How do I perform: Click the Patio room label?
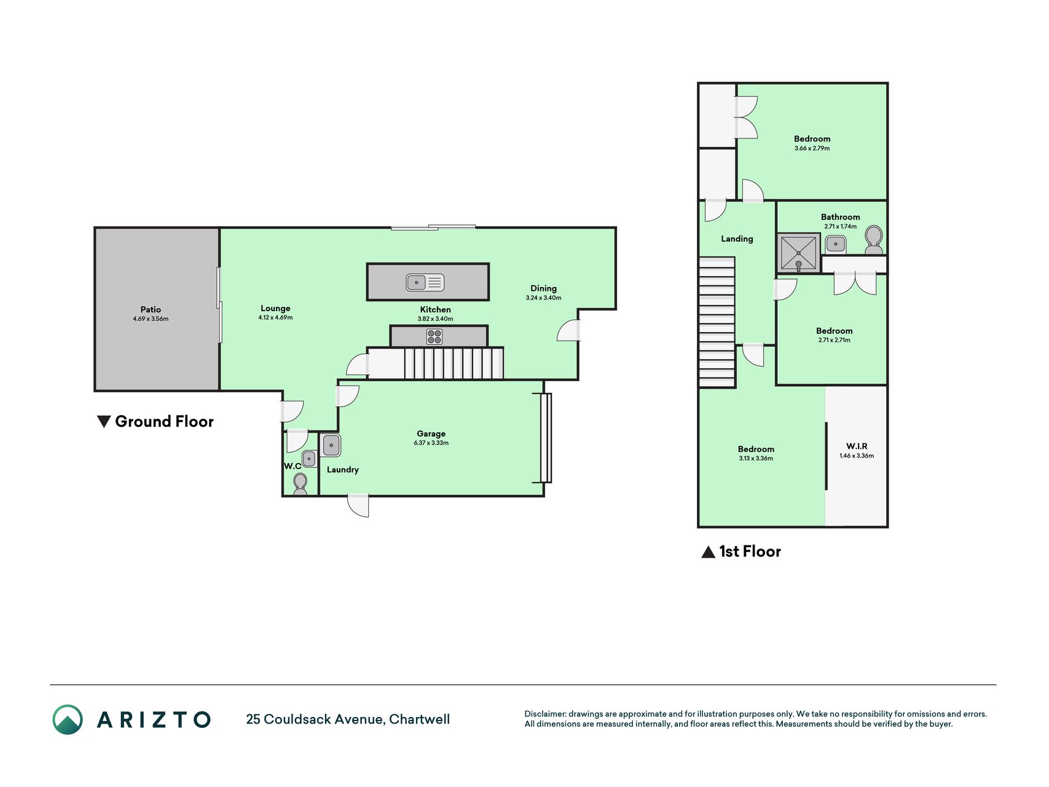[x=151, y=309]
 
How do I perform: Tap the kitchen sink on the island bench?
[x=425, y=282]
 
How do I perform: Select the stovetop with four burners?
[x=434, y=336]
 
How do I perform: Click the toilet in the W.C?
[x=301, y=483]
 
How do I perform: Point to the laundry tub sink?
[x=331, y=445]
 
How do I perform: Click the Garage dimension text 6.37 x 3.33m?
[x=431, y=443]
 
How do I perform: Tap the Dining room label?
[x=544, y=288]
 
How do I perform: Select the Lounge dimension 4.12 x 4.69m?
[x=275, y=317]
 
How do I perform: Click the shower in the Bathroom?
[x=799, y=253]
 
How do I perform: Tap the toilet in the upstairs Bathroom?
[x=873, y=240]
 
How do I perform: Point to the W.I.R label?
[x=857, y=446]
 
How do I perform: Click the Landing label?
[x=737, y=239]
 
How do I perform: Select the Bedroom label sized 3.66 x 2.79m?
[x=812, y=138]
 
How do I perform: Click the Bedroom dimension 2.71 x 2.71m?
[x=834, y=340]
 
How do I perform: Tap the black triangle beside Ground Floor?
[x=104, y=421]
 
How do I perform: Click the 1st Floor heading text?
[x=750, y=551]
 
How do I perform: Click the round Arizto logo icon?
[x=68, y=719]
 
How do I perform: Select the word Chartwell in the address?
[x=420, y=719]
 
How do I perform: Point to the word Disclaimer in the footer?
[x=545, y=714]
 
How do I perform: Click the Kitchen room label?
[x=435, y=309]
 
